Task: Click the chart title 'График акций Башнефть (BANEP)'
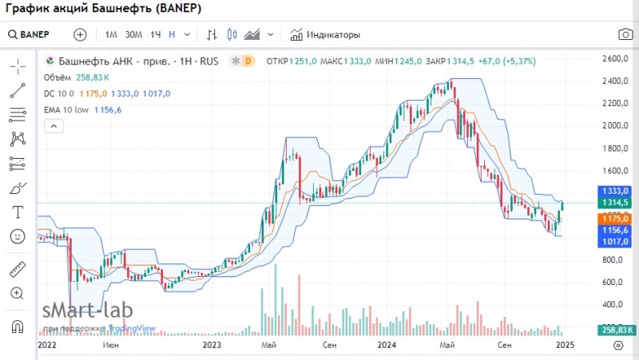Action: click(x=104, y=10)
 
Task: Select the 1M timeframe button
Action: click(x=111, y=34)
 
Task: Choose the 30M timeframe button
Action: click(x=133, y=34)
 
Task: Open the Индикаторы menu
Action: click(x=325, y=34)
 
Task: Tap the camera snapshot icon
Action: click(x=625, y=34)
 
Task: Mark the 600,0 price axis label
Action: click(x=613, y=283)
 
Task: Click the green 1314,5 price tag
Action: click(x=614, y=203)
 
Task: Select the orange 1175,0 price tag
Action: click(x=614, y=218)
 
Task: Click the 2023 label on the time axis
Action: click(x=212, y=345)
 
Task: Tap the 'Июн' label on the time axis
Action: click(x=112, y=345)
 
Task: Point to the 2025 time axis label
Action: click(x=564, y=345)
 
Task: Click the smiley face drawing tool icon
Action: click(x=18, y=236)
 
